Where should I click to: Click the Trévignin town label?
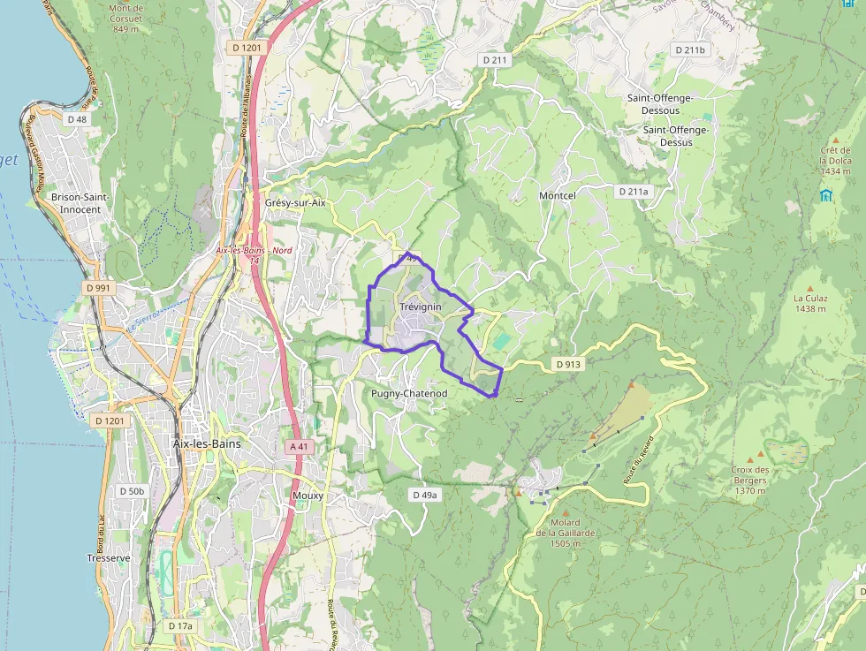click(x=420, y=307)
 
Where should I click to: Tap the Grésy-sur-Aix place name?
click(x=295, y=202)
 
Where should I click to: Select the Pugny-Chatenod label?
click(x=409, y=393)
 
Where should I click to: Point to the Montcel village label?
click(x=557, y=195)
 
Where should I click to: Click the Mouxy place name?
click(x=308, y=496)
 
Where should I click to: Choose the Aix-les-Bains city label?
click(x=207, y=443)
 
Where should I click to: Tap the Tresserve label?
click(x=109, y=558)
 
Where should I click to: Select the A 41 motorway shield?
click(x=300, y=447)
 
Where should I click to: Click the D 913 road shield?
click(x=568, y=363)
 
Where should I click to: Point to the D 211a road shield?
click(x=633, y=191)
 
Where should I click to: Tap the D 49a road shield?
click(x=425, y=495)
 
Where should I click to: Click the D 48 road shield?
click(x=77, y=118)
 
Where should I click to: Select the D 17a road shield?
click(x=179, y=625)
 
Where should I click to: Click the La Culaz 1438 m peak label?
click(x=809, y=303)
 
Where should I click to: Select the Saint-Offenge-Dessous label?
click(x=659, y=104)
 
